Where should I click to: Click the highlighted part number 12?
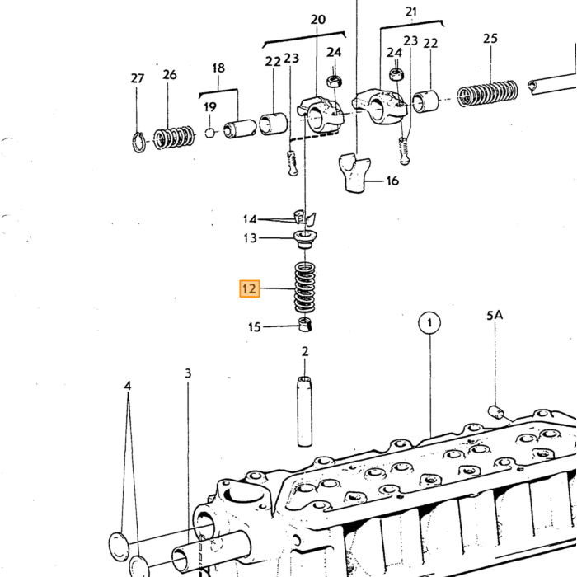[x=250, y=288]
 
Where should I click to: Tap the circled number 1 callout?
[x=429, y=323]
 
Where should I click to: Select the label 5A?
[x=495, y=316]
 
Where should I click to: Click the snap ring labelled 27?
[x=138, y=142]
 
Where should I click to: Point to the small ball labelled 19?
[x=209, y=133]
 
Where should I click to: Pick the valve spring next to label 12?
[x=305, y=288]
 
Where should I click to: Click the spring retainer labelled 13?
[x=305, y=239]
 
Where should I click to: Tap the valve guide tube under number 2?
[x=304, y=411]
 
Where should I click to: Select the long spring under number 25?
[x=488, y=93]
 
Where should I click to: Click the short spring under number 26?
[x=174, y=138]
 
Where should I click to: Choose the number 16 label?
[x=392, y=181]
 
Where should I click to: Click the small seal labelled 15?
[x=305, y=324]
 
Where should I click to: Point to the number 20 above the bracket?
[x=318, y=20]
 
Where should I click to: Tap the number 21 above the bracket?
[x=411, y=12]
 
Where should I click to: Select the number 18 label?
[x=218, y=68]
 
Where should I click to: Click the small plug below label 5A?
[x=495, y=412]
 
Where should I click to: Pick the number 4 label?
[x=127, y=386]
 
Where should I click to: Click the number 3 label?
[x=188, y=373]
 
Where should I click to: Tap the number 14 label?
[x=250, y=219]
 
